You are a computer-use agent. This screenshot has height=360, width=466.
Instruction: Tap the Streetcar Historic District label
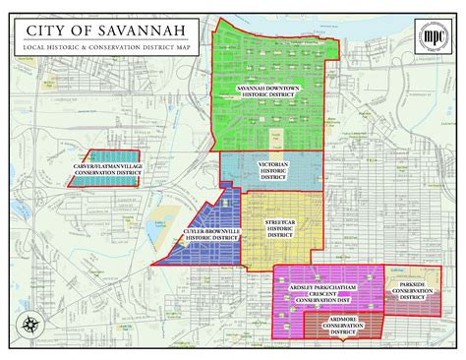point(279,227)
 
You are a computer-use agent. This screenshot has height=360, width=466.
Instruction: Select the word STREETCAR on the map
point(279,222)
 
